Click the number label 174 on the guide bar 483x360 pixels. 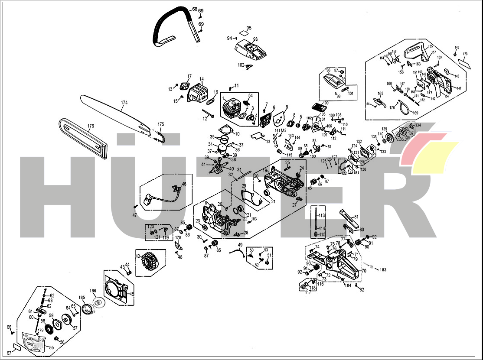click(x=124, y=103)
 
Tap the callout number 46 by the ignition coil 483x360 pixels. click(x=184, y=184)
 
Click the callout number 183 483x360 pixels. click(x=383, y=270)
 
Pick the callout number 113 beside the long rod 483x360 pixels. click(x=321, y=215)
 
